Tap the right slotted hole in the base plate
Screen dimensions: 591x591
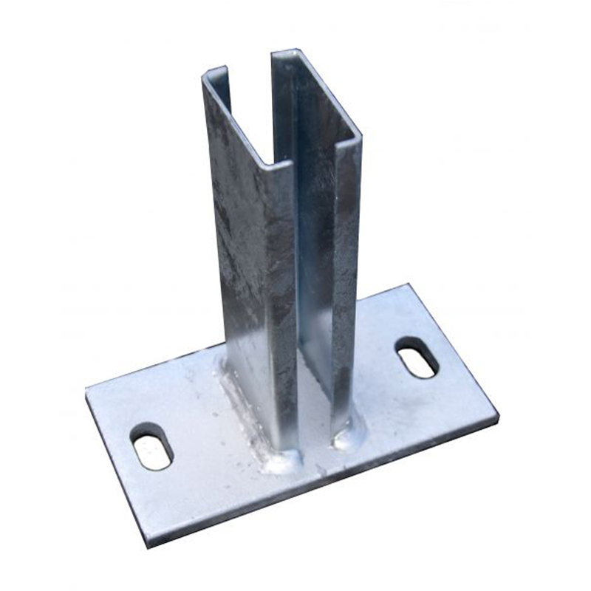417,357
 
